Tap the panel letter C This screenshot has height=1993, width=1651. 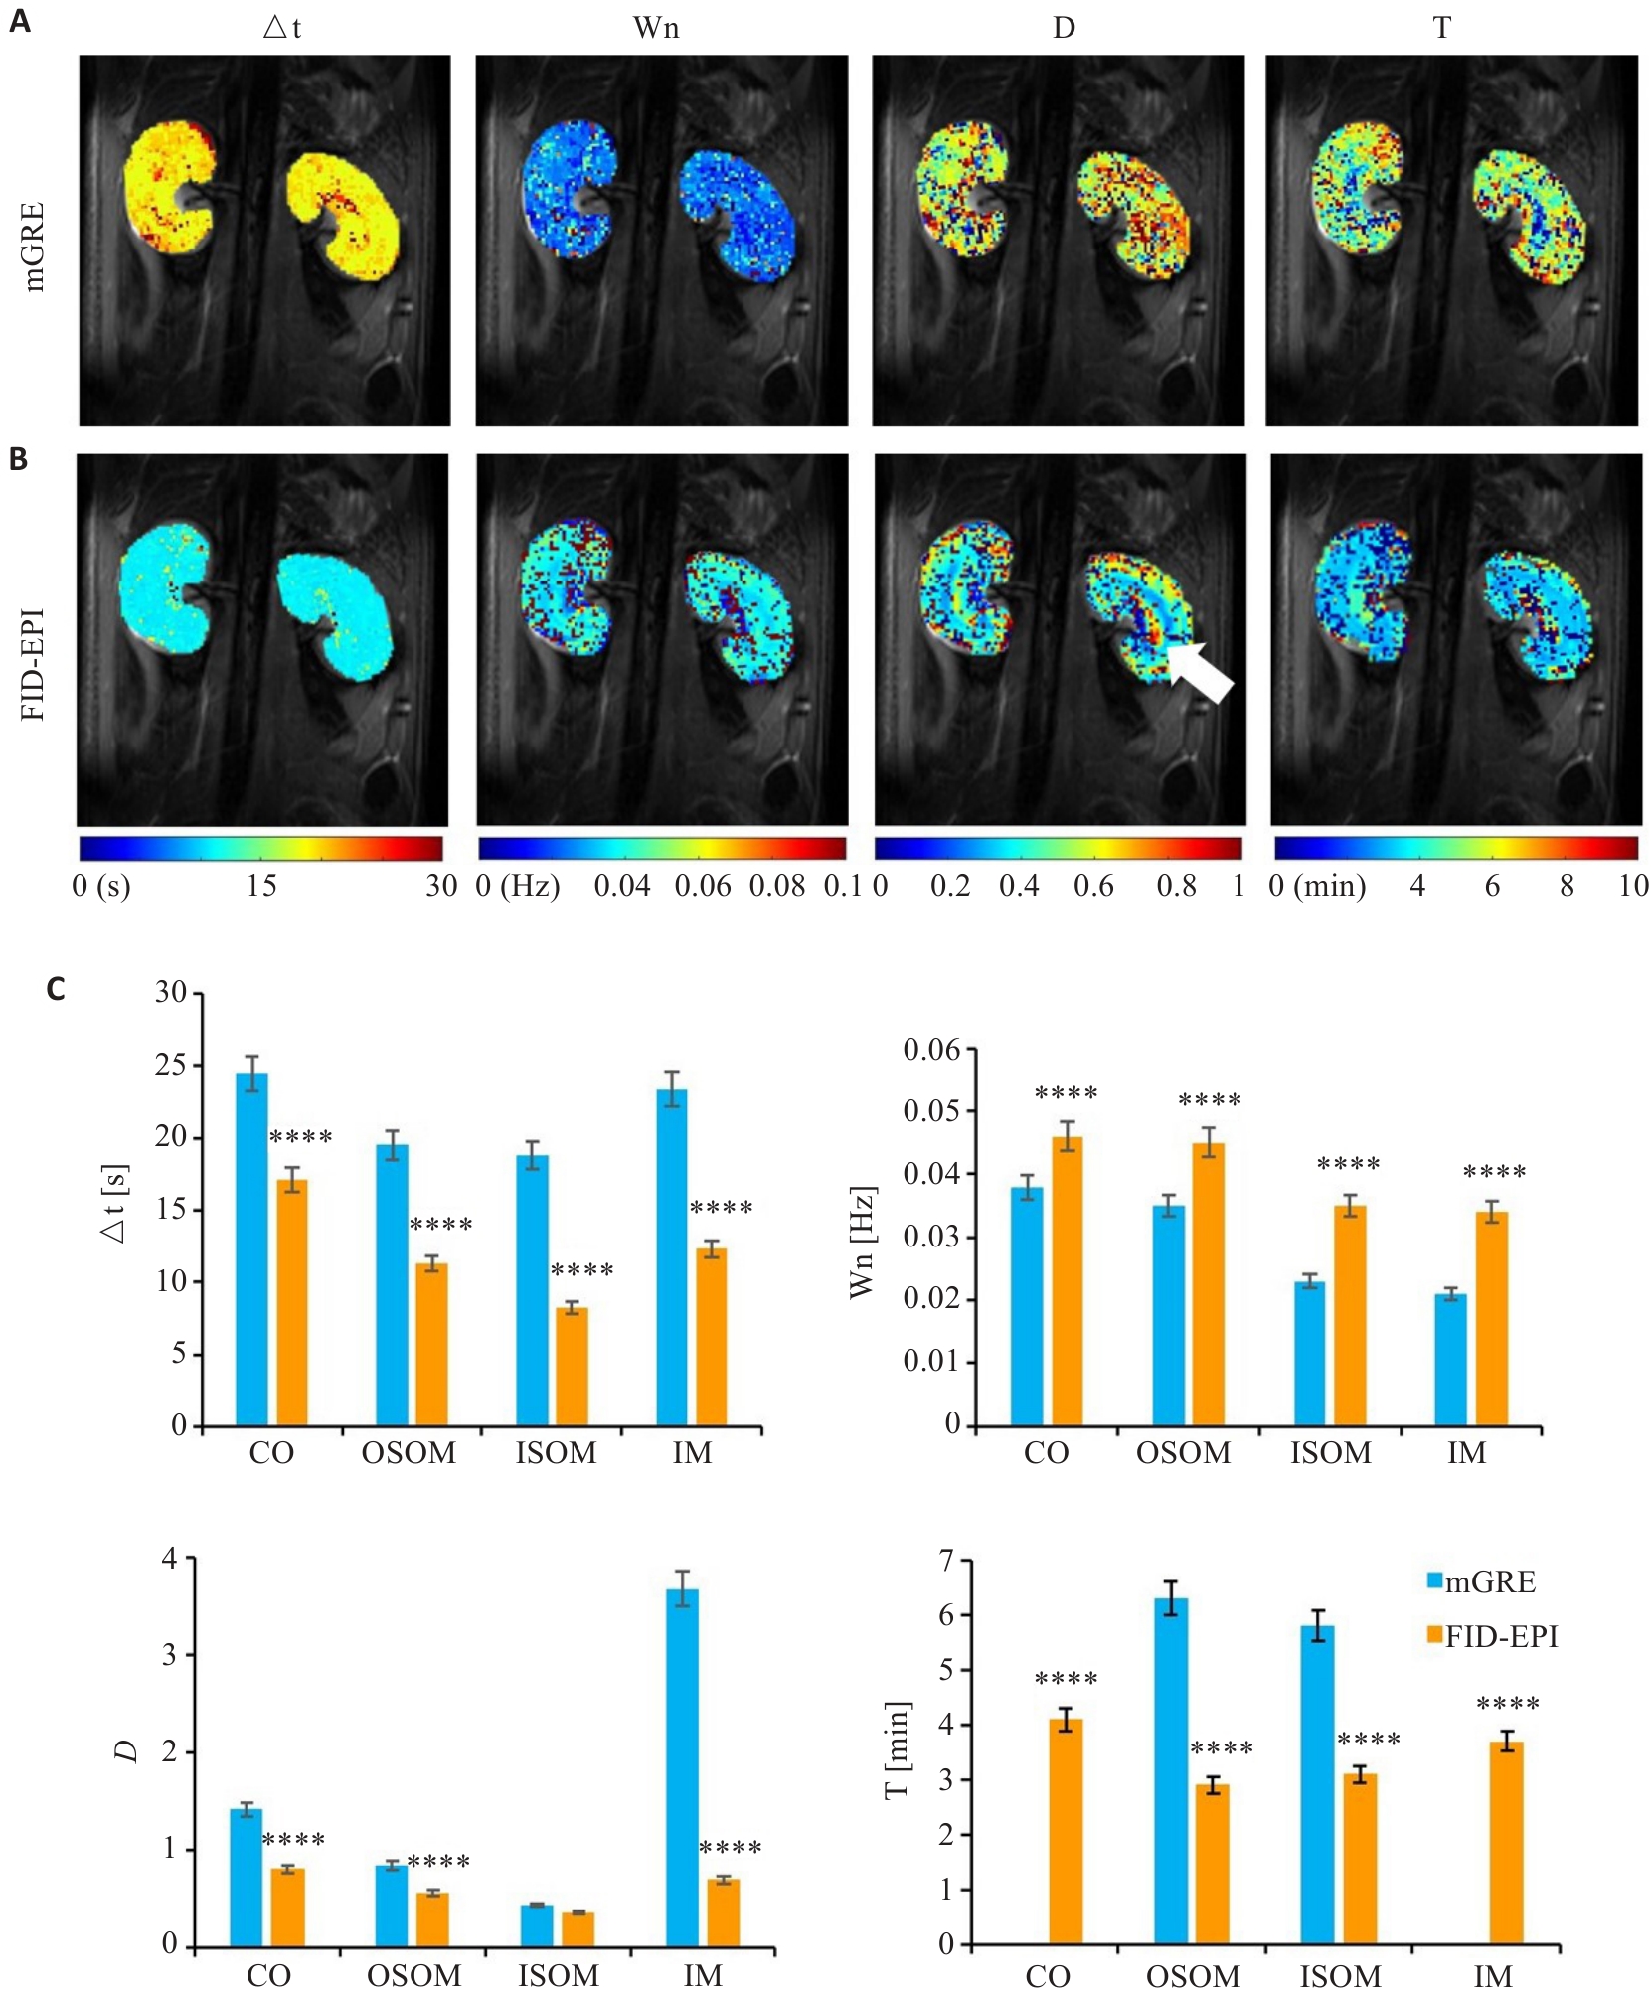coord(56,989)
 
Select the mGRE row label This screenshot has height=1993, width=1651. coord(35,246)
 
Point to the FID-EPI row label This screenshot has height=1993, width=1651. coord(35,664)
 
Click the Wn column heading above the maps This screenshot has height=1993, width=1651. coord(656,28)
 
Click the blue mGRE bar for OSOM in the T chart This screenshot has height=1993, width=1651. coord(1171,1770)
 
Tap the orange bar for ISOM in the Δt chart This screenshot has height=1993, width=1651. coord(572,1367)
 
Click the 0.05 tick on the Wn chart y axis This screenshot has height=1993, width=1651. coord(931,1111)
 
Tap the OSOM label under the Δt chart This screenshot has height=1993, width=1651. coord(409,1454)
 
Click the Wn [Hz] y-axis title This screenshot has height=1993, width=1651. coord(862,1242)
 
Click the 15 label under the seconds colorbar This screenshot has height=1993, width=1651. coord(261,885)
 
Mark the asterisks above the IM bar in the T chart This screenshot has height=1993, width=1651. coord(1508,1705)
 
